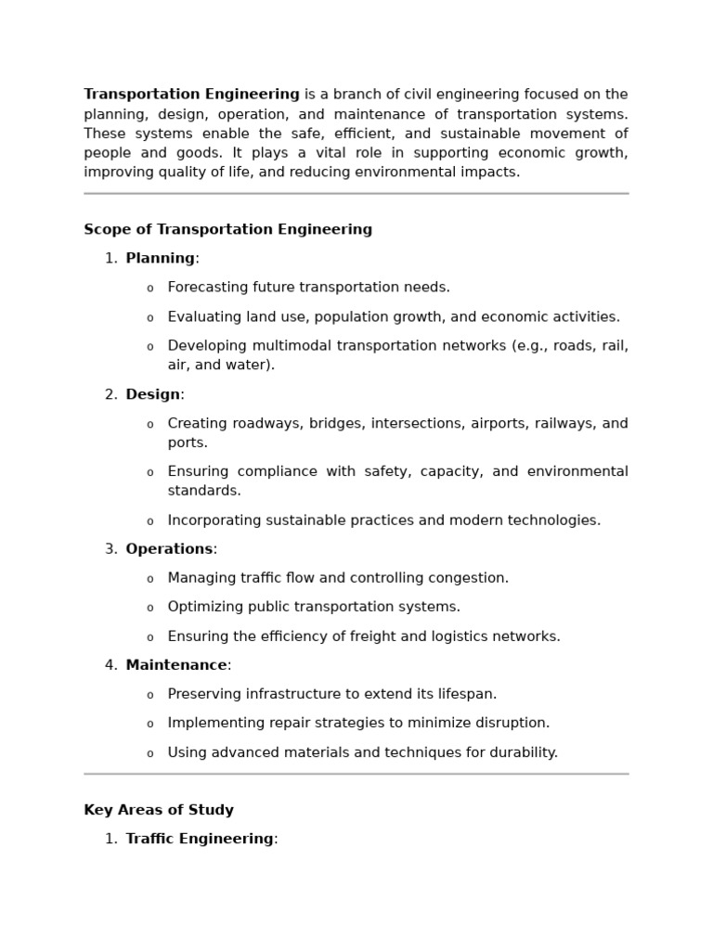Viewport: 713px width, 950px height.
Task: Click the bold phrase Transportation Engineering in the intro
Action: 191,95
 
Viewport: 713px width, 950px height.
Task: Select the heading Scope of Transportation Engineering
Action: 227,230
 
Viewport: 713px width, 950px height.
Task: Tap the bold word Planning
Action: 160,259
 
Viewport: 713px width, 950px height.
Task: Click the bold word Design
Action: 152,394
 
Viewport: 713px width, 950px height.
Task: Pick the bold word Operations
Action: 169,549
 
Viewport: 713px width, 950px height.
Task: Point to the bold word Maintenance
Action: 176,665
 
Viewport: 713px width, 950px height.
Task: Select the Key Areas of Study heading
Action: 159,810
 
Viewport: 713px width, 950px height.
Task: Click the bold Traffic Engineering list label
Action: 200,839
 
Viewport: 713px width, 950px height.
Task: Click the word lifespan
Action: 464,694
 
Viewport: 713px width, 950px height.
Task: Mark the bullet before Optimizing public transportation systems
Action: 150,608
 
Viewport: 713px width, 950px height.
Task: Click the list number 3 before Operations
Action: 110,549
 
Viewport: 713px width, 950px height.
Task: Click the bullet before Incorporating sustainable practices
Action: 150,521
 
